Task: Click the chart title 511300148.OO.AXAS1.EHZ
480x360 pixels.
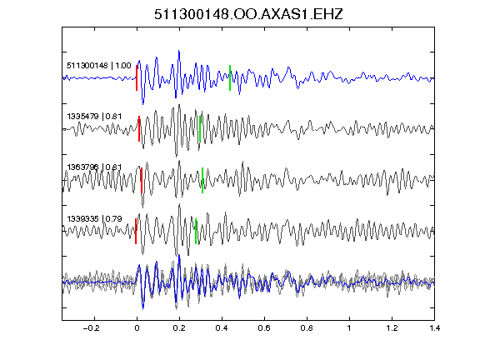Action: pos(248,14)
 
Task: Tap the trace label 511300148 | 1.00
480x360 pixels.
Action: pos(99,66)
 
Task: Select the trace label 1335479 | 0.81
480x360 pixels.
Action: pos(94,117)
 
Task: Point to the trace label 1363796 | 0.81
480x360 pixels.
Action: pos(94,167)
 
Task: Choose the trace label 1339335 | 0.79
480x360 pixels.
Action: pos(94,218)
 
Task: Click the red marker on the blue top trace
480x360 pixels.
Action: pos(137,77)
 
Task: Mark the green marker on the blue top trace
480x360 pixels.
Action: pos(230,77)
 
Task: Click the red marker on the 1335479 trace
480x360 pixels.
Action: pos(139,128)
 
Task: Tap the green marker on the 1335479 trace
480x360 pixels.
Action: pos(200,128)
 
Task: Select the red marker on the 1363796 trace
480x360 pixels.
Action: pos(142,180)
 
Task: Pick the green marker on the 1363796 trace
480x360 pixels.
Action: pos(202,180)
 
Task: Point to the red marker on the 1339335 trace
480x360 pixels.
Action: pos(136,231)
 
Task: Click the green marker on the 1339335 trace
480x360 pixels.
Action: pos(196,231)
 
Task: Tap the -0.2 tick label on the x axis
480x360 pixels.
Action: pos(91,328)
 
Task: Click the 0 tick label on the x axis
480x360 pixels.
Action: pos(137,328)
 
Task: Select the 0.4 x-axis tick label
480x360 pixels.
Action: pos(222,328)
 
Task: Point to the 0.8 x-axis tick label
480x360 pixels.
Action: pos(307,328)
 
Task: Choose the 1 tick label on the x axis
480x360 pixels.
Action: pos(349,328)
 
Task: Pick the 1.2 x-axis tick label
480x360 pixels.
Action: pos(392,328)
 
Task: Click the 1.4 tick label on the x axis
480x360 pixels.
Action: pos(434,328)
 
